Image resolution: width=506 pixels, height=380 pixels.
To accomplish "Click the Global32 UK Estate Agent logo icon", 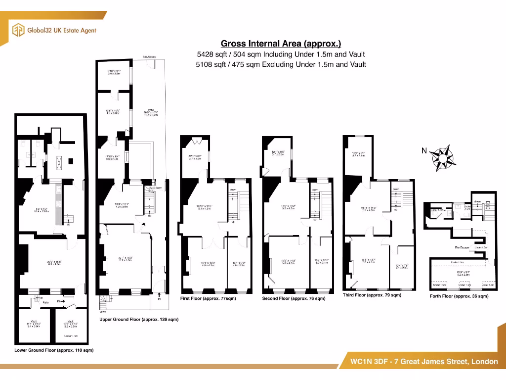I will [18, 30].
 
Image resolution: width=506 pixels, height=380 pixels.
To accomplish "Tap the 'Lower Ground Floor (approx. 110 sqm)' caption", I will [54, 350].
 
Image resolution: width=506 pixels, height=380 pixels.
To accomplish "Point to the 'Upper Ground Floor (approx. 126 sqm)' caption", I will [139, 320].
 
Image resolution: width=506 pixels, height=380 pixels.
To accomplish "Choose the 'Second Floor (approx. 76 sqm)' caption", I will [294, 298].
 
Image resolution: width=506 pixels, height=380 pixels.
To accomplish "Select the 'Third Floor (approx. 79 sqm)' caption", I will [372, 295].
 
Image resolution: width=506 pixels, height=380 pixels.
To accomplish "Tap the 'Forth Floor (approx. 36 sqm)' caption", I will [459, 296].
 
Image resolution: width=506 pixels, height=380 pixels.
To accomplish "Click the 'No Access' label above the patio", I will [149, 57].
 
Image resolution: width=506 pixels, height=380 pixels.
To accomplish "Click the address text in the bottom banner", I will [424, 362].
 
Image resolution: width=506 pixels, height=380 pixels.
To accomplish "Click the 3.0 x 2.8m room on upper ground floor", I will [114, 72].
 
